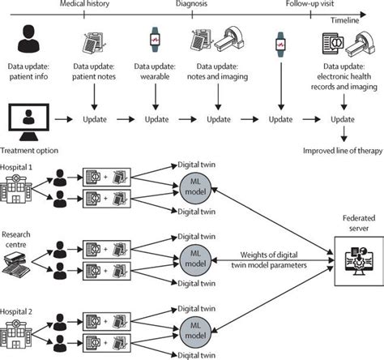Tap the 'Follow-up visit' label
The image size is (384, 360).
pyautogui.click(x=307, y=6)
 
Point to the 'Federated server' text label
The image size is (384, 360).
pyautogui.click(x=352, y=225)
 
